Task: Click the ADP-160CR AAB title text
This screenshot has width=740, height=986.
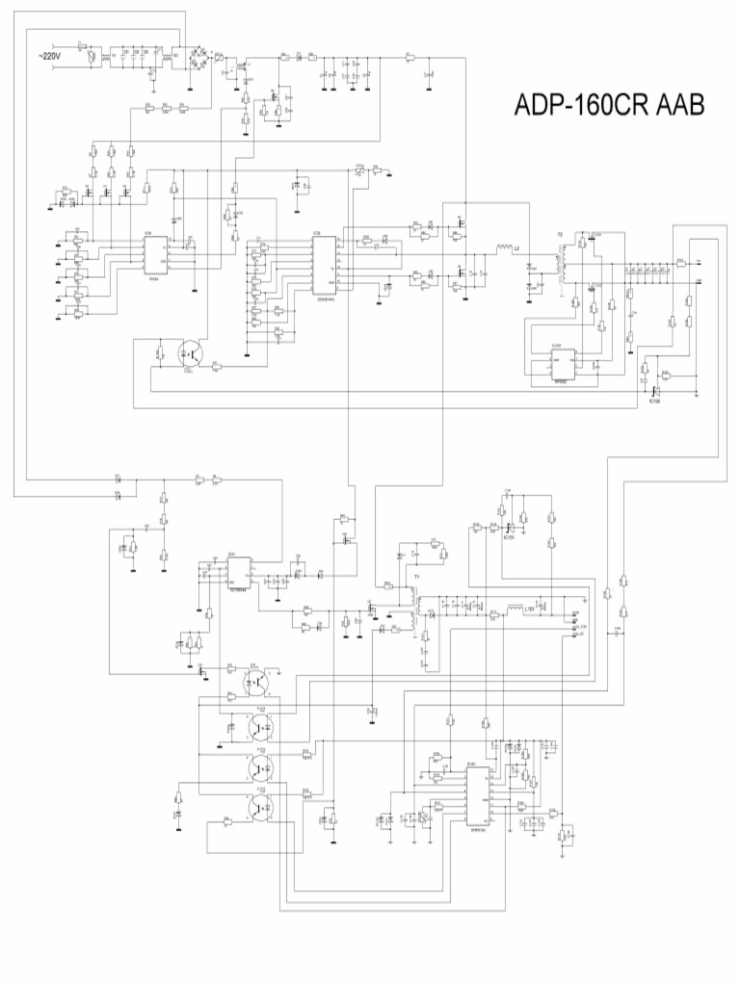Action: pyautogui.click(x=608, y=105)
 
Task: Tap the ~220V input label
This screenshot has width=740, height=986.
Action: pyautogui.click(x=48, y=57)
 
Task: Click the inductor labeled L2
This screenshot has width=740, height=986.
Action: pyautogui.click(x=505, y=250)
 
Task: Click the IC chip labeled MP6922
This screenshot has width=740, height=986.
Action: pyautogui.click(x=563, y=364)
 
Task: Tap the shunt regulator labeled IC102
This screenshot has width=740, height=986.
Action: pyautogui.click(x=654, y=390)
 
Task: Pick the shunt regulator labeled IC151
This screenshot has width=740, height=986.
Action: pyautogui.click(x=508, y=528)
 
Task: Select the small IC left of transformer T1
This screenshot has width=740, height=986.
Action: pyautogui.click(x=238, y=574)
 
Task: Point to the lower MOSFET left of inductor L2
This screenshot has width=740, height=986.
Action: pyautogui.click(x=460, y=276)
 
